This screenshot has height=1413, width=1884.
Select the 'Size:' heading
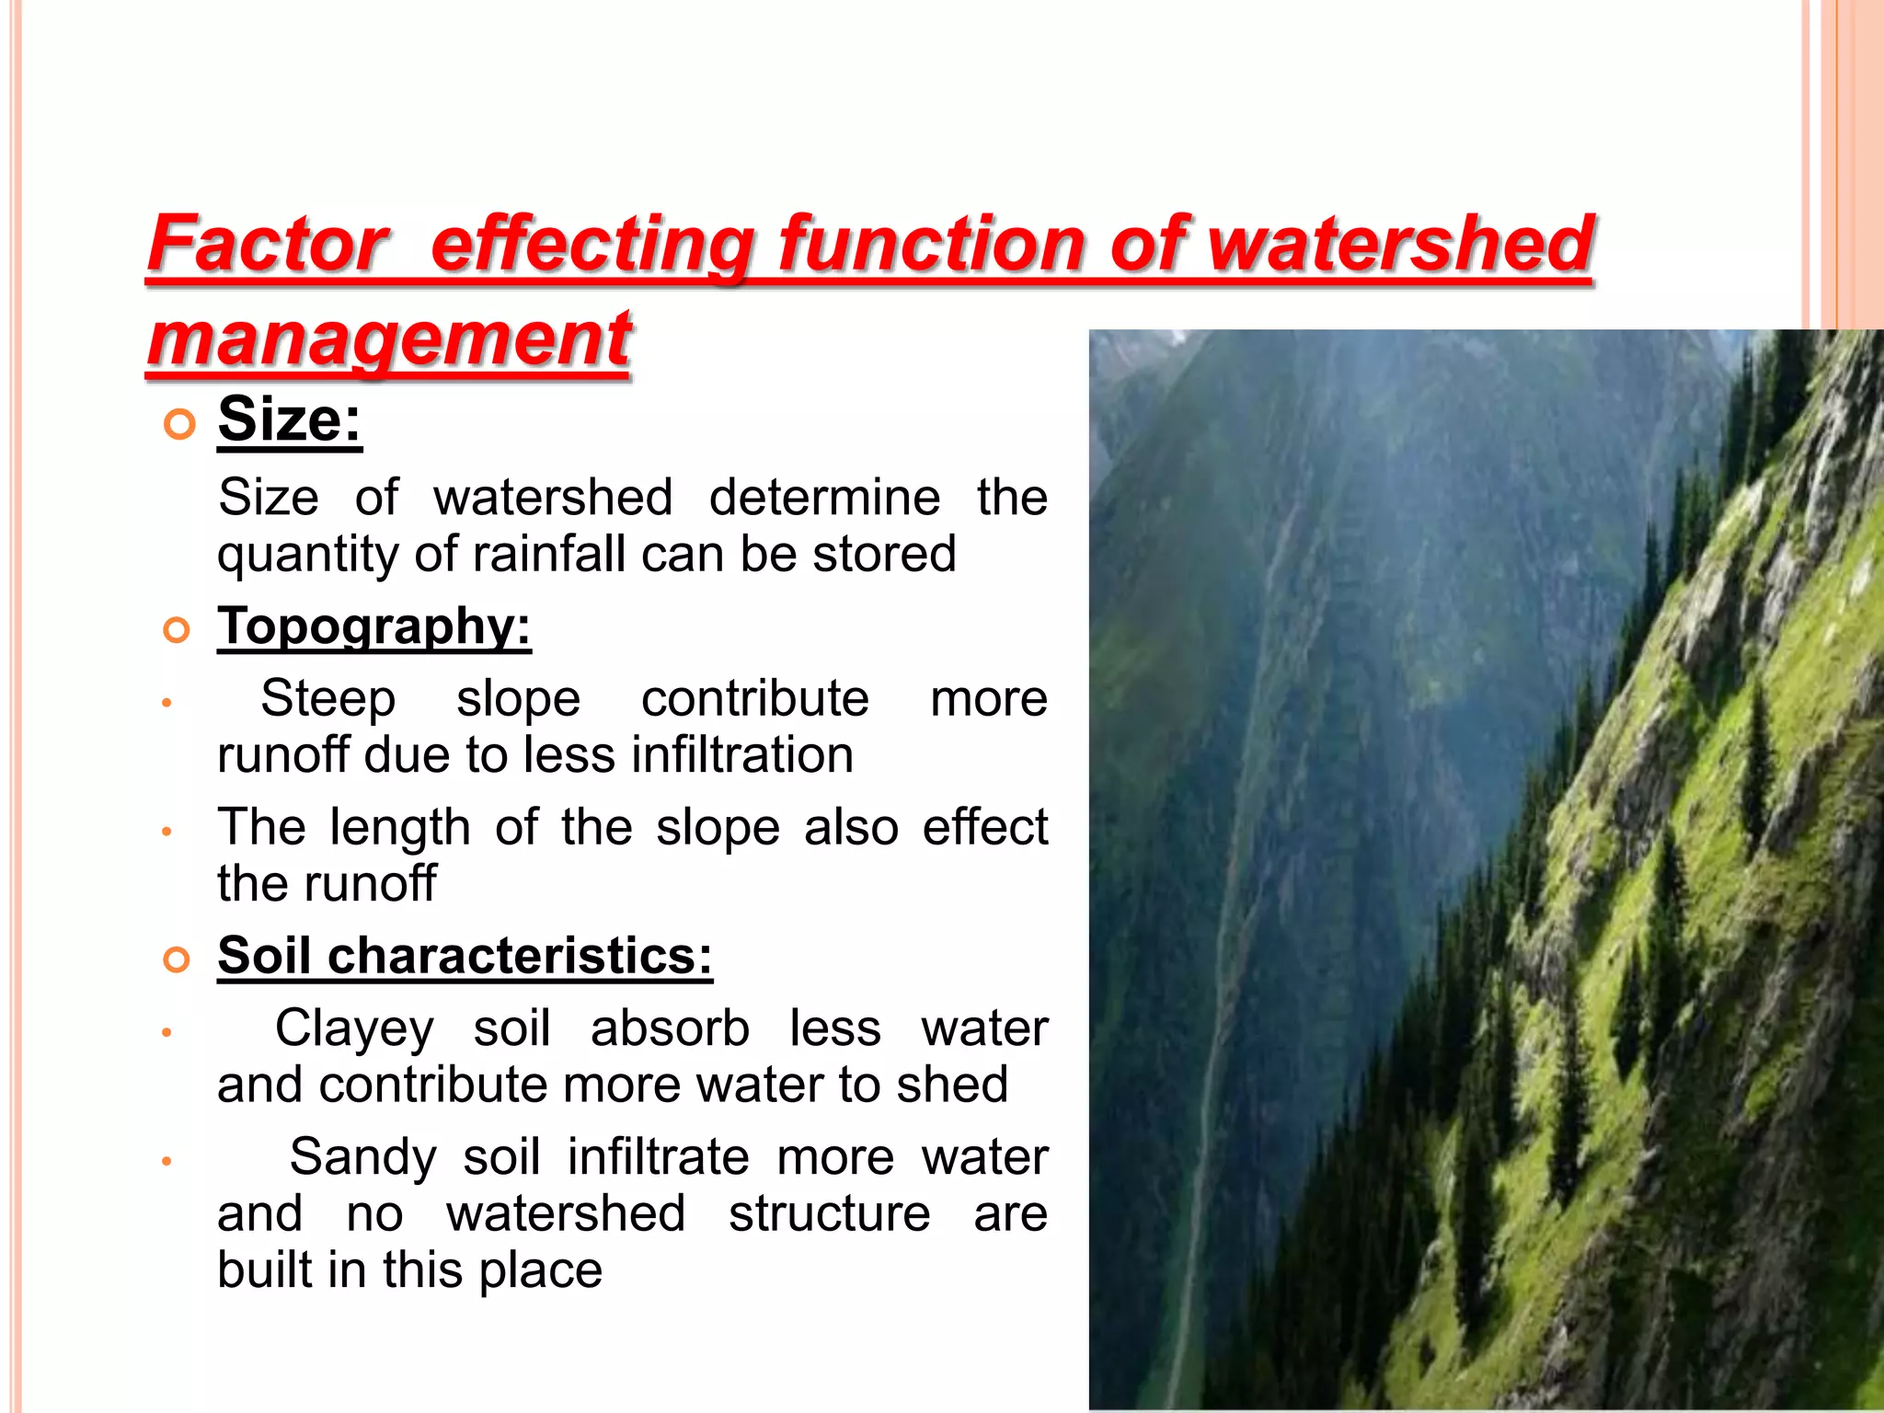pyautogui.click(x=290, y=419)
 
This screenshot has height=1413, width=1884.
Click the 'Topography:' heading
pyautogui.click(x=374, y=626)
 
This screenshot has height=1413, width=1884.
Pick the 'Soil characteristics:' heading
pyautogui.click(x=465, y=955)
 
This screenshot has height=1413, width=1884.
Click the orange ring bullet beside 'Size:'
pyautogui.click(x=178, y=424)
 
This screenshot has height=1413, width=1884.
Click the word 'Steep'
pyautogui.click(x=328, y=698)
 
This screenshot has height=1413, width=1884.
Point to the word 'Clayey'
pyautogui.click(x=354, y=1028)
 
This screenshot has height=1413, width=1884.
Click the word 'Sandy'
pyautogui.click(x=362, y=1157)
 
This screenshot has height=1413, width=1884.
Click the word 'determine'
pyautogui.click(x=824, y=498)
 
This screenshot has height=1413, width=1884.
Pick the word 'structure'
pyautogui.click(x=830, y=1213)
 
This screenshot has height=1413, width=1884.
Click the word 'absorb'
pyautogui.click(x=670, y=1028)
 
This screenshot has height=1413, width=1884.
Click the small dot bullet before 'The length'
pyautogui.click(x=167, y=832)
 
